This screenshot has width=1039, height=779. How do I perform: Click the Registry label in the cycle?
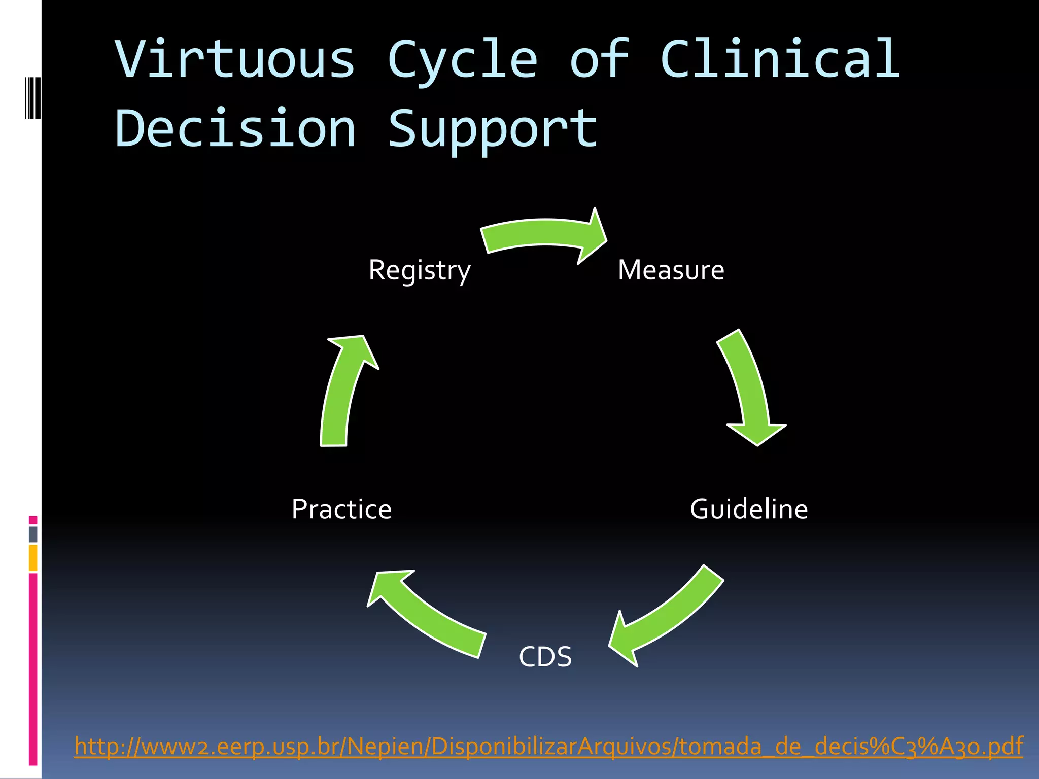[420, 270]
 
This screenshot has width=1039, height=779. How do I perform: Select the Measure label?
[671, 270]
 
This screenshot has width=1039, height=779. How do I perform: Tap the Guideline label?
[749, 509]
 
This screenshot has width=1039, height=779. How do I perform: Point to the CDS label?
[545, 657]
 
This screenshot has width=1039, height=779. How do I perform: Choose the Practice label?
[341, 509]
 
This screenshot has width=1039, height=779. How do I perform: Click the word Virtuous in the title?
[235, 59]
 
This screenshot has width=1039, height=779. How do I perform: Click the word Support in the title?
[493, 129]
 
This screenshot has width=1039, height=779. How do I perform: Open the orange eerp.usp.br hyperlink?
[548, 746]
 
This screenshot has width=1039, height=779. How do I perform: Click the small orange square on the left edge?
[33, 558]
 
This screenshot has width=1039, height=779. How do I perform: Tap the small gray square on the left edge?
[33, 534]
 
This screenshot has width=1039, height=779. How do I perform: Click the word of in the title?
[599, 59]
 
